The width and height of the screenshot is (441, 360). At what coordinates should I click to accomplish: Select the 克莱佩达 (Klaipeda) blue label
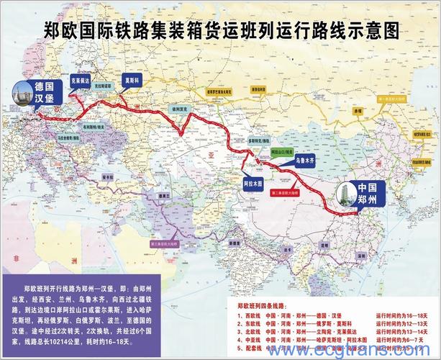81,82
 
